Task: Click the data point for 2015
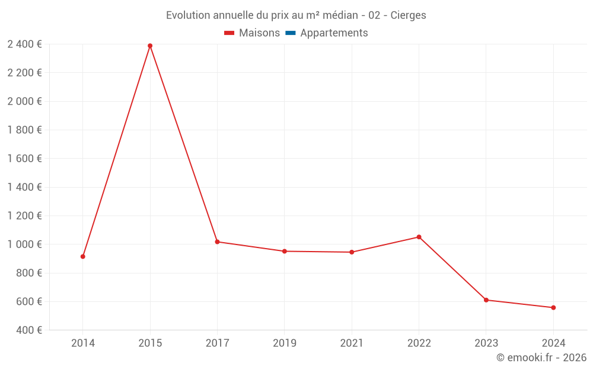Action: pos(150,46)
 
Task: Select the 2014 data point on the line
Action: pos(83,257)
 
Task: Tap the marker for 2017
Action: pos(218,242)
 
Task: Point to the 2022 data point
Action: pos(419,237)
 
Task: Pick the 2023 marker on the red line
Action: pos(486,300)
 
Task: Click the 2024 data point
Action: pos(554,308)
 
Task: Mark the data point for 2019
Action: pos(285,252)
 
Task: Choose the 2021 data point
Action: pos(352,252)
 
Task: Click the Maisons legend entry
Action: pos(252,33)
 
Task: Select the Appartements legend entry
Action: pos(327,33)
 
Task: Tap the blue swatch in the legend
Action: pos(291,33)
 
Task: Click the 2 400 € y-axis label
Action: pos(24,44)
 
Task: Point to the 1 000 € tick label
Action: pos(24,244)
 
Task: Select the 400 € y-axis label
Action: pos(28,330)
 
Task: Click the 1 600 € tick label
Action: pos(24,159)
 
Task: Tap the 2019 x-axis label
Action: pos(285,343)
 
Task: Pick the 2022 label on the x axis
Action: pos(419,343)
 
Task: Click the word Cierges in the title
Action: pos(408,15)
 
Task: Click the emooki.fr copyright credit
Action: pos(541,357)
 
